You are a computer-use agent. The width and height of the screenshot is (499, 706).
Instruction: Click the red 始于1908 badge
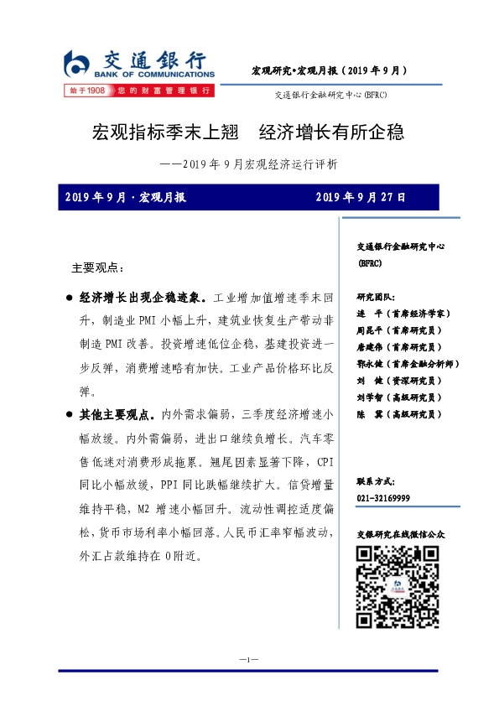coord(88,90)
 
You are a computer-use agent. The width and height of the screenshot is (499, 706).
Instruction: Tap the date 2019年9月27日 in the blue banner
coord(361,198)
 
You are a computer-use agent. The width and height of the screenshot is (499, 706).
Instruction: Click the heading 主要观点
coord(96,268)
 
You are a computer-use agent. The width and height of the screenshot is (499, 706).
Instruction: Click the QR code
coord(398,586)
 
